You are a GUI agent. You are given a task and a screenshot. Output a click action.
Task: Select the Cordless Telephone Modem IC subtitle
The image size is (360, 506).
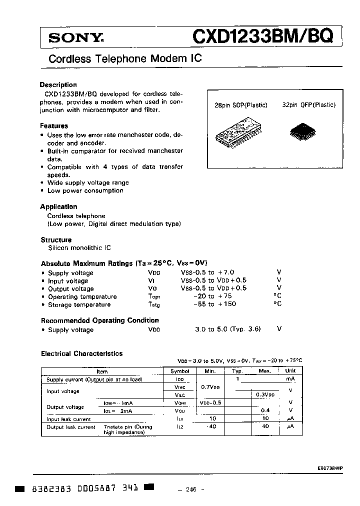tap(125, 58)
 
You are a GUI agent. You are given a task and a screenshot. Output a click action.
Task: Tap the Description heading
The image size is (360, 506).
tap(58, 84)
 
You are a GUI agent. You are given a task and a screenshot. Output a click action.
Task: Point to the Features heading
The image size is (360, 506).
tap(54, 126)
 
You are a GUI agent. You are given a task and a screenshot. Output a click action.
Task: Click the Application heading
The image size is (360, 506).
tap(58, 206)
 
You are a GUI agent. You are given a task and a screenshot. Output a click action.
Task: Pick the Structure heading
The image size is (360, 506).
tap(56, 239)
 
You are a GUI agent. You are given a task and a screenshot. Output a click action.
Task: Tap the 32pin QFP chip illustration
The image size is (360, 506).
tap(301, 131)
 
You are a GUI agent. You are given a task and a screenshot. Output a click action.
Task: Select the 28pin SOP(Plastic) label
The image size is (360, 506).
tap(240, 105)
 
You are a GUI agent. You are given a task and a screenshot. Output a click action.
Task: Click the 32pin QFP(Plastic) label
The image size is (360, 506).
tap(308, 105)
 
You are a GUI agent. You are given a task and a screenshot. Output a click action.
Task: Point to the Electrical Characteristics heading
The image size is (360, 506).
tap(81, 353)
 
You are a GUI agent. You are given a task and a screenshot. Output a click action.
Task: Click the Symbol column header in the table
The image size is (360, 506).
tap(180, 371)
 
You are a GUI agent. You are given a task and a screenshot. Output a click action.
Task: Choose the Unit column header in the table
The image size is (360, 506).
tap(290, 371)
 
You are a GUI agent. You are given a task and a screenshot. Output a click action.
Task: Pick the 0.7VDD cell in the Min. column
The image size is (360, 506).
tap(209, 387)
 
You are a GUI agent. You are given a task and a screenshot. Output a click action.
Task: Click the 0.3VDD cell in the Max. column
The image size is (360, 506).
tap(264, 395)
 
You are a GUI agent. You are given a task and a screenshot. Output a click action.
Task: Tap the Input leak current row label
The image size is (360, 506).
tap(68, 419)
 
